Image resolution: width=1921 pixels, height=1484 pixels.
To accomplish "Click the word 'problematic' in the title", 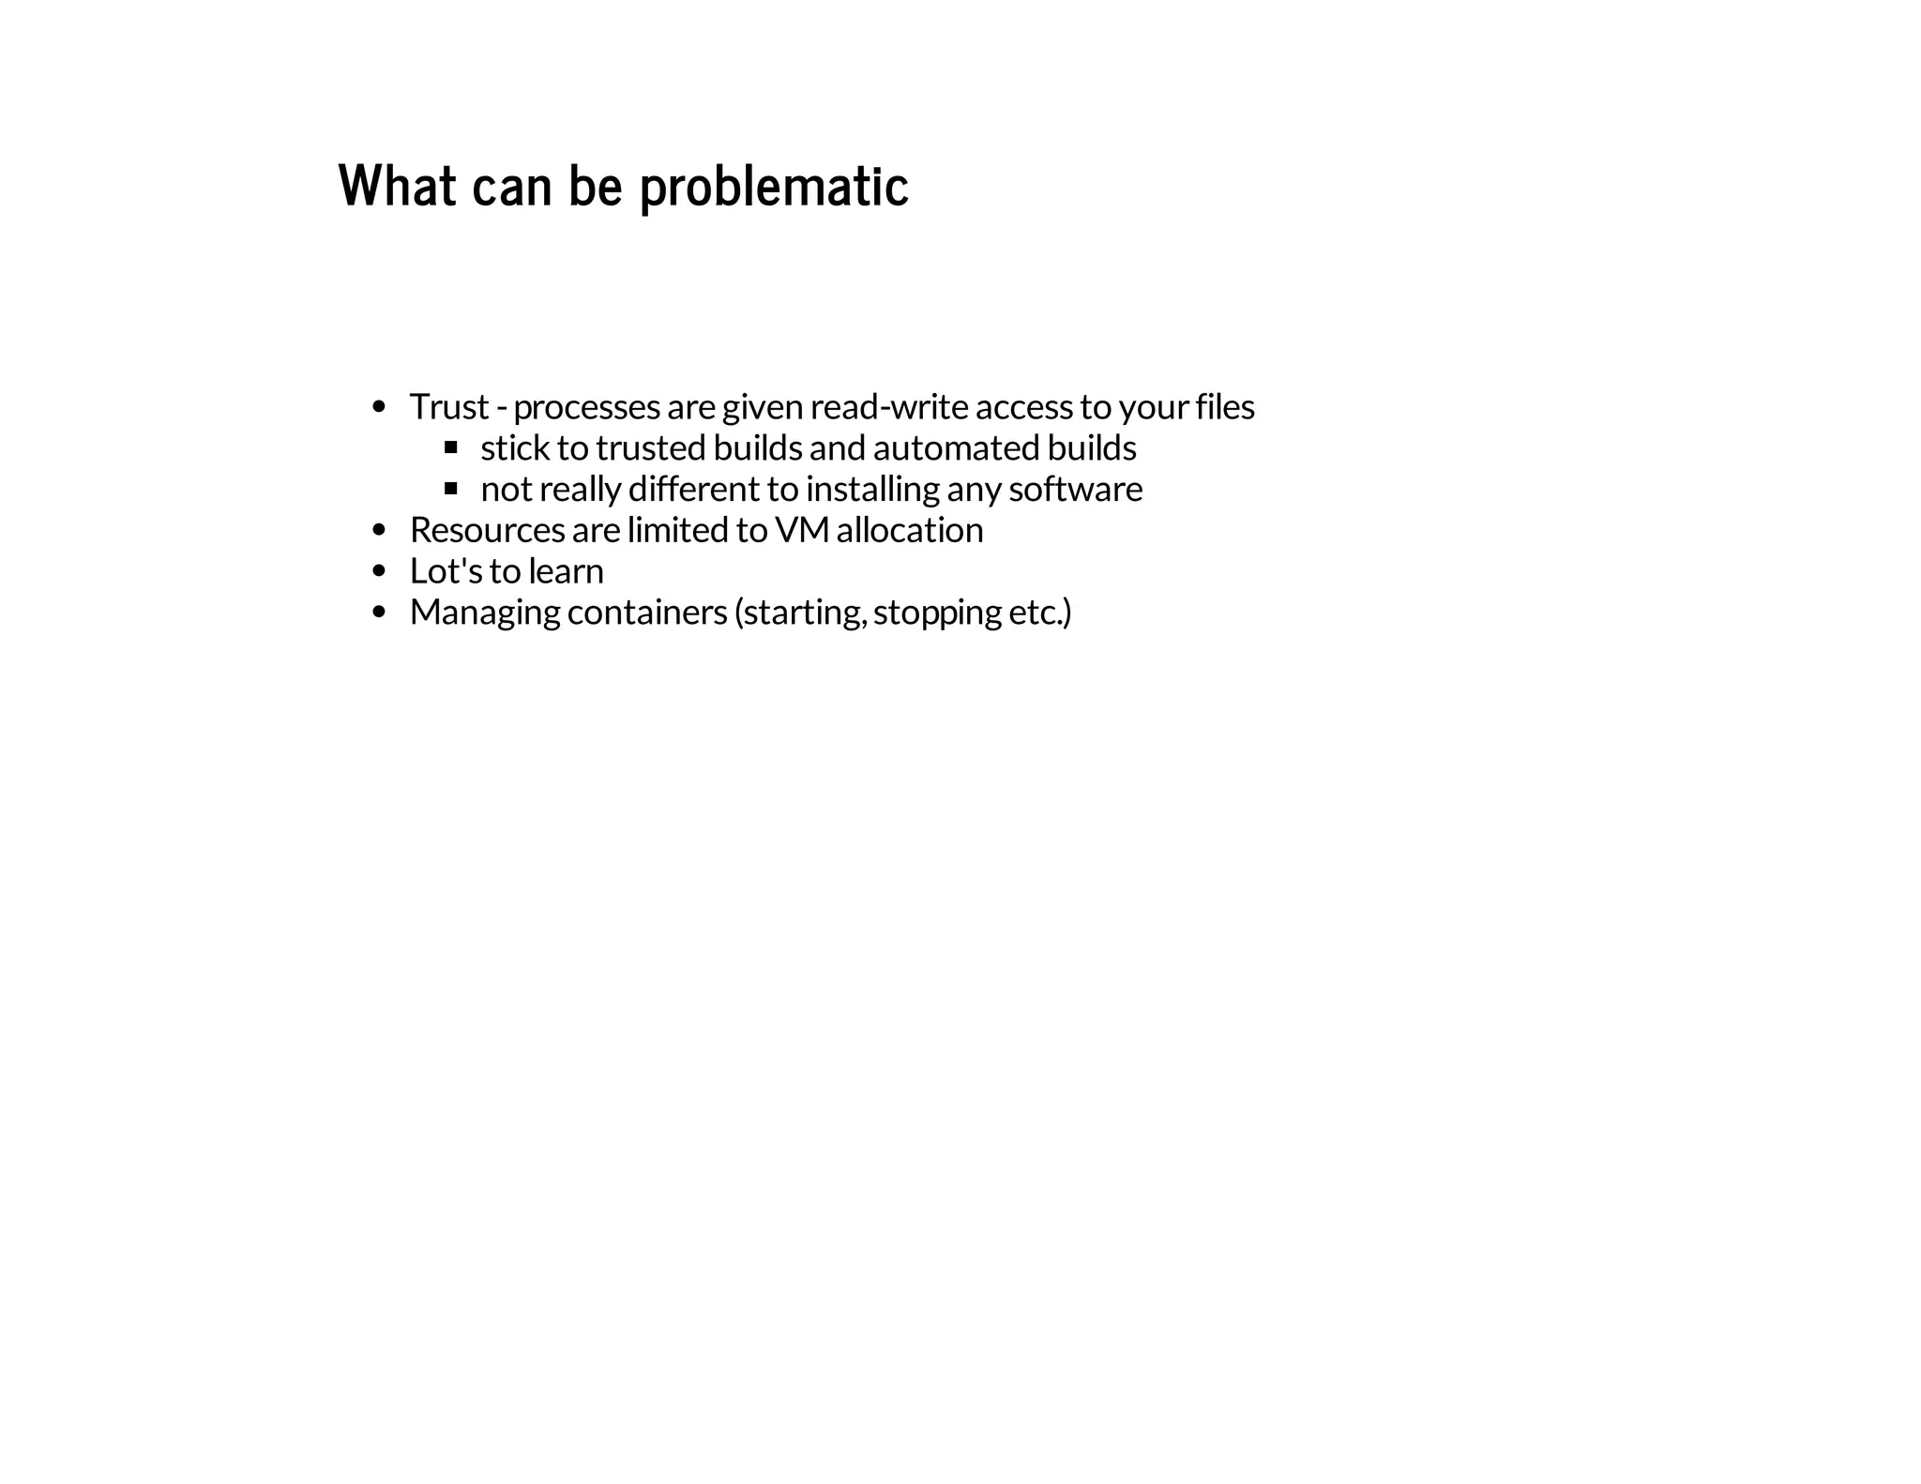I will [x=774, y=187].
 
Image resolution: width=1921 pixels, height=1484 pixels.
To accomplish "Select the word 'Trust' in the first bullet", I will [x=449, y=407].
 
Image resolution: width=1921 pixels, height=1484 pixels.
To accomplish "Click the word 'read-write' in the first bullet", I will [x=889, y=407].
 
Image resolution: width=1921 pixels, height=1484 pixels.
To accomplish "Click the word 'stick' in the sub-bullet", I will [x=515, y=448].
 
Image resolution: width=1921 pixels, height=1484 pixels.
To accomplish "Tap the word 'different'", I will [x=693, y=490].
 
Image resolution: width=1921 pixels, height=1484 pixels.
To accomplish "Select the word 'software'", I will [x=1076, y=490].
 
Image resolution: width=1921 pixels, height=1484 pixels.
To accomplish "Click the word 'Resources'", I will [x=487, y=531].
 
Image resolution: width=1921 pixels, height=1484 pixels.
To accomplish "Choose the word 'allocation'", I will [x=910, y=531].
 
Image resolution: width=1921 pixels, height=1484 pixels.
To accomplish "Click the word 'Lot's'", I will [x=446, y=571].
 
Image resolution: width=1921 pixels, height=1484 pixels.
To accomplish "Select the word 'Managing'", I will [x=485, y=613].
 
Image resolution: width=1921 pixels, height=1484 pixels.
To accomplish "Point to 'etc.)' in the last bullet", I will [x=1039, y=613].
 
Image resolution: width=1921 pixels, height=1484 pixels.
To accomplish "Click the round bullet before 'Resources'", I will [x=379, y=531].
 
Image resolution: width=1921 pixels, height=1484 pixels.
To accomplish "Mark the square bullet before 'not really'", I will [x=451, y=489].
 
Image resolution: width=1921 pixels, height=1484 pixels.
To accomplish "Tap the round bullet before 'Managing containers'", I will [x=379, y=613].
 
